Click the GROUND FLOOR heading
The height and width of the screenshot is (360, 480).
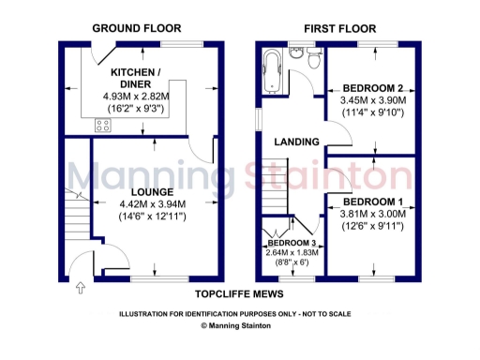[137, 30]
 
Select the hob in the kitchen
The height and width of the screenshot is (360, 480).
[102, 125]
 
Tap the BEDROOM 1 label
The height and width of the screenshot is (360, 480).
[372, 202]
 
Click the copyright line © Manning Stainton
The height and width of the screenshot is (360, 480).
[240, 325]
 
